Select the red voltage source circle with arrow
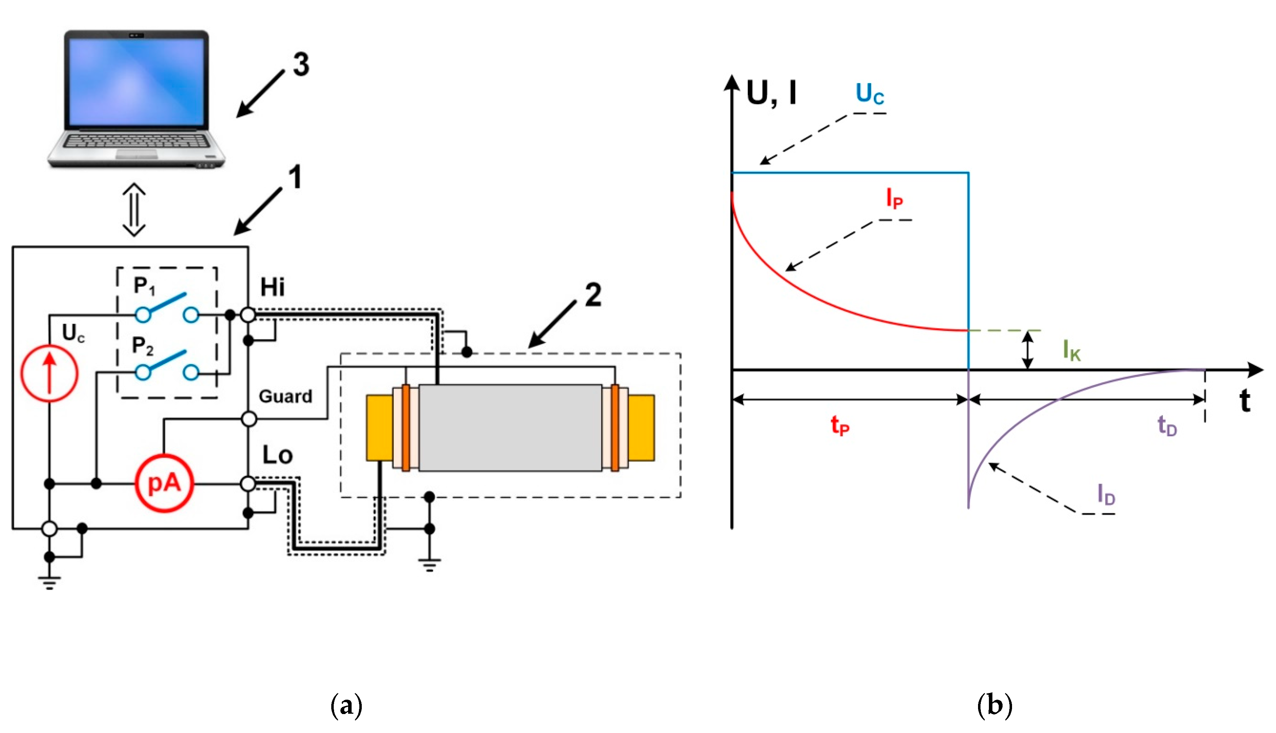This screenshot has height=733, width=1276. [x=49, y=373]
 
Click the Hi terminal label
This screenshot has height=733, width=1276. [x=272, y=288]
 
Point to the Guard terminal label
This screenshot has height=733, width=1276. [x=285, y=397]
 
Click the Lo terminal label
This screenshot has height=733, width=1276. [x=277, y=456]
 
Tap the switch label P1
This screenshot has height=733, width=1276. [x=144, y=286]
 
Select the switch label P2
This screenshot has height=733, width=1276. [x=142, y=346]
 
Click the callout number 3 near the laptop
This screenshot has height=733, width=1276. [x=301, y=65]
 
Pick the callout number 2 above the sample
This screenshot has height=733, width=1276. [x=593, y=295]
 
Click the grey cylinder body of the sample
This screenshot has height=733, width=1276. [x=510, y=428]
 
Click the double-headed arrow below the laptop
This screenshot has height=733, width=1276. [x=134, y=210]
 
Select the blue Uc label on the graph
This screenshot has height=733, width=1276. [x=869, y=94]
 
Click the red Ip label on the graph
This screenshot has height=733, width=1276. [x=894, y=199]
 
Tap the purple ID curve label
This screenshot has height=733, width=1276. [x=1106, y=495]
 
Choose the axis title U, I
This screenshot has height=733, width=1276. [x=771, y=93]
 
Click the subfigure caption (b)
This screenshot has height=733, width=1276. [x=994, y=705]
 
